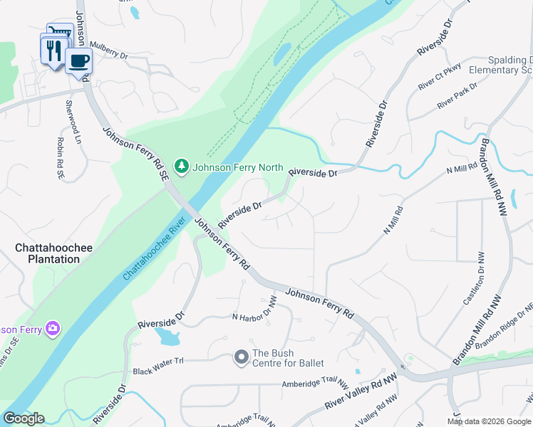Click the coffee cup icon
[x=78, y=60]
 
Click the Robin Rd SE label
[x=61, y=157]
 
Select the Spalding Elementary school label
[x=499, y=65]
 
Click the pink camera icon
[x=52, y=328]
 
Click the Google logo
[x=24, y=418]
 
